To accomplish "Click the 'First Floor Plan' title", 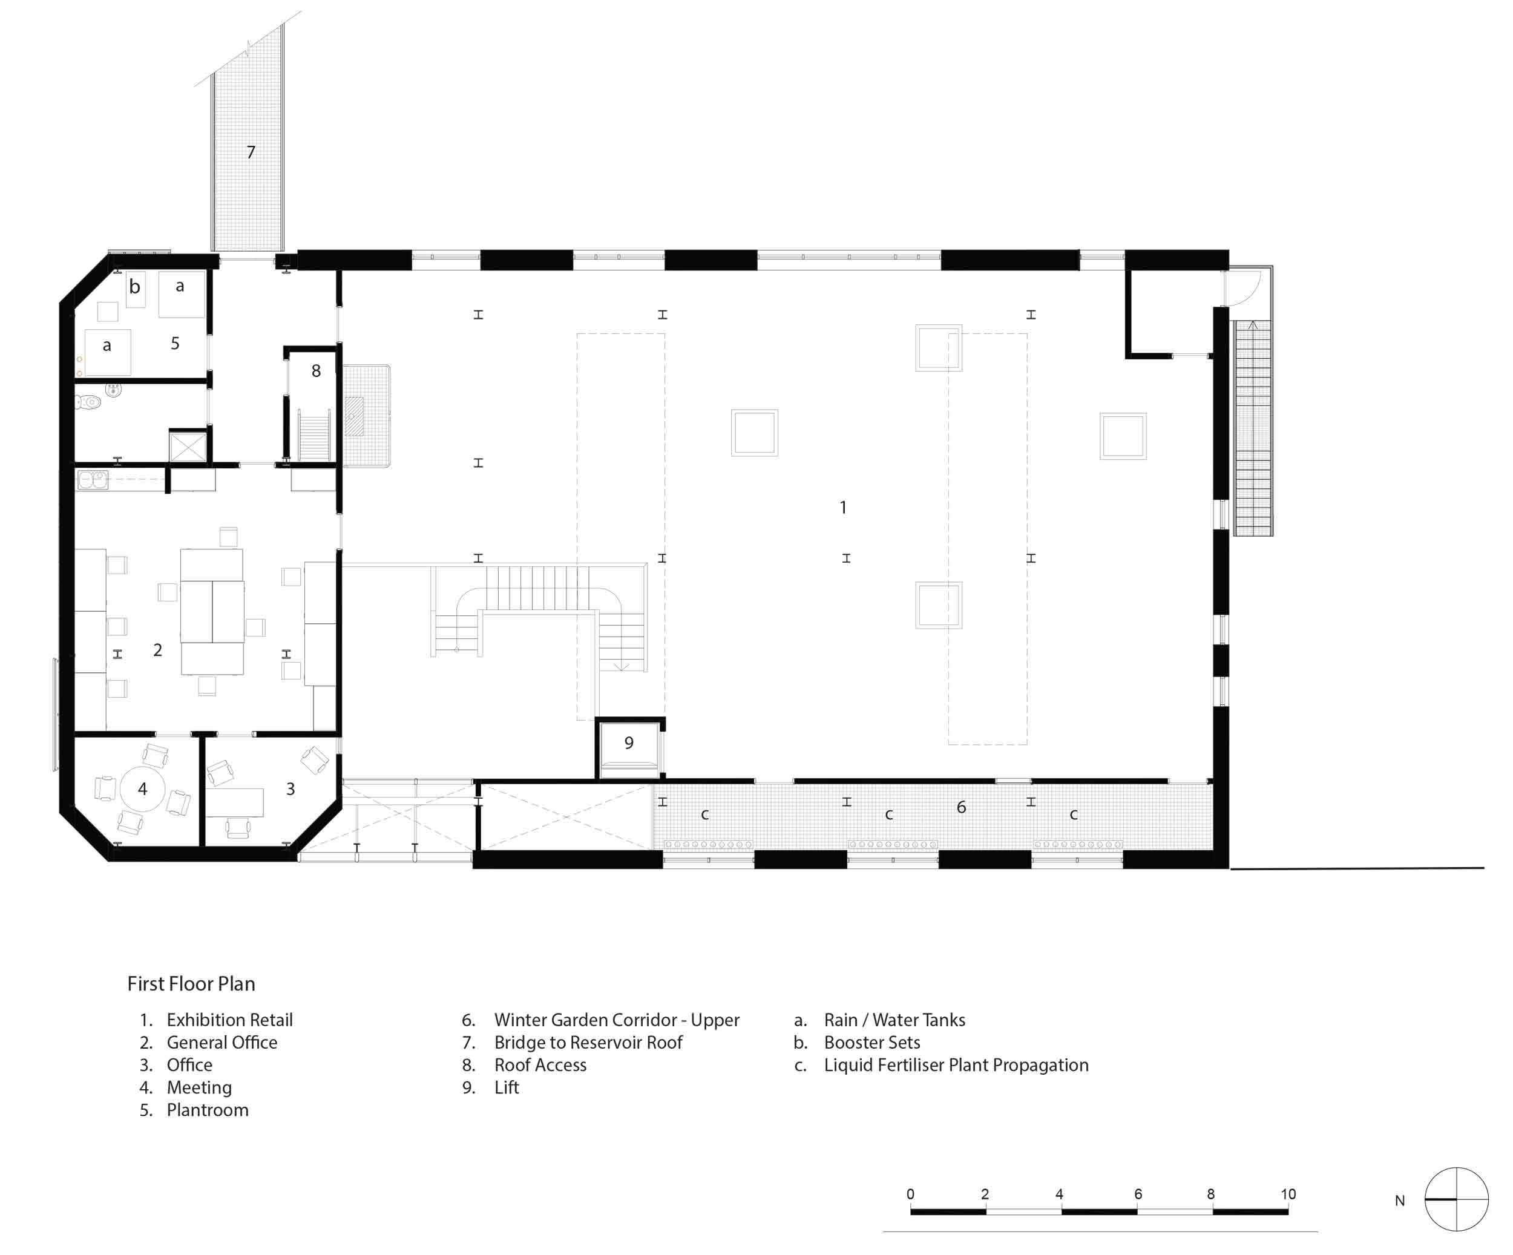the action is click(x=191, y=984).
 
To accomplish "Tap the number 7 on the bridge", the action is click(x=251, y=152).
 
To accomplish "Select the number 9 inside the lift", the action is click(x=629, y=742).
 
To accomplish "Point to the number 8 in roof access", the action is click(x=315, y=371).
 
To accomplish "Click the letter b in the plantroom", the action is click(x=135, y=286).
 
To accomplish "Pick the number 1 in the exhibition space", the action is click(x=843, y=507).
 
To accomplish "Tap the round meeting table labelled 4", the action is click(x=143, y=789).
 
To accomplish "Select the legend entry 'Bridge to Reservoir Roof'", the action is click(x=588, y=1043).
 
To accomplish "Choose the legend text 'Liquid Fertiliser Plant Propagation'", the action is click(x=956, y=1065).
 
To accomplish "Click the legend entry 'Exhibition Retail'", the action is click(x=230, y=1020).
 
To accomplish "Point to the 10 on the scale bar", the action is click(x=1288, y=1194).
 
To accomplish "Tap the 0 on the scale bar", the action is click(x=911, y=1194).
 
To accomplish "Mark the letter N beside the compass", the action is click(x=1400, y=1201).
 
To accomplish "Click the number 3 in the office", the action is click(x=290, y=789).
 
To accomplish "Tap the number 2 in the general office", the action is click(x=158, y=650).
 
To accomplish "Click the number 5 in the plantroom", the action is click(x=175, y=344).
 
